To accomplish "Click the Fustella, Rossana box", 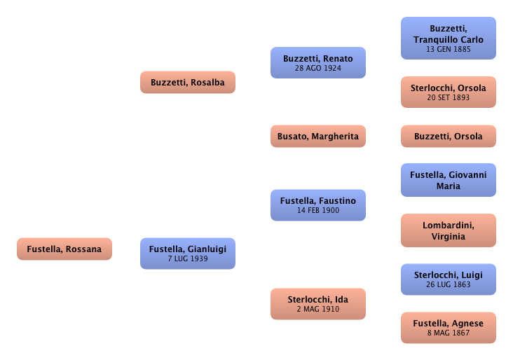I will point(64,249).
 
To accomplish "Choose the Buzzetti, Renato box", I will point(318,63).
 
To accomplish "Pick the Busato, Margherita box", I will point(318,137).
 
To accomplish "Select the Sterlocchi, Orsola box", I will point(449,92).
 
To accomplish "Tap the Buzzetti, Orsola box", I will point(449,137).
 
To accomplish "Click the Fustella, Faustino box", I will point(318,205).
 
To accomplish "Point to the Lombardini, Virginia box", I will point(449,230).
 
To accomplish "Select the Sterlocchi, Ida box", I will point(318,304).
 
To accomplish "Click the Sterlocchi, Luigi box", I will point(449,279).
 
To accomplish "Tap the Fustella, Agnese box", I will point(449,328).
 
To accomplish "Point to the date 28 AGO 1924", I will point(318,69).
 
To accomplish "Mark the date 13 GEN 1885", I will point(449,50).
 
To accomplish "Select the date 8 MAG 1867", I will point(449,333).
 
